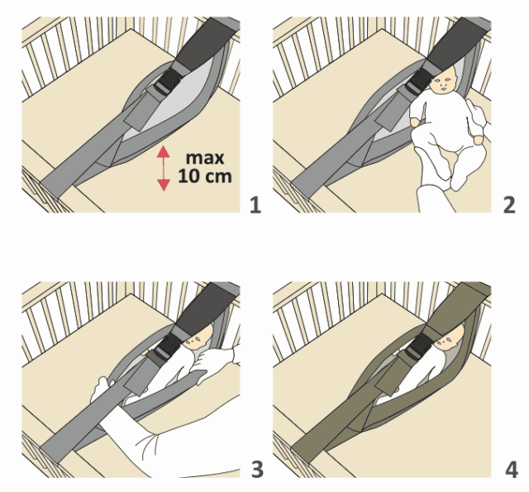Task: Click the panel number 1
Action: (x=255, y=205)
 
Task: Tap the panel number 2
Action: (x=509, y=205)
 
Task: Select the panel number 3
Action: (x=257, y=470)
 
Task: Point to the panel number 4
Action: (x=512, y=470)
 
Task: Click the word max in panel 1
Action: (x=205, y=158)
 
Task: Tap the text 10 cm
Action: (x=205, y=176)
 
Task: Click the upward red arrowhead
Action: (x=164, y=151)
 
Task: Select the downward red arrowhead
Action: (x=164, y=185)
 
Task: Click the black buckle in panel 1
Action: (x=169, y=81)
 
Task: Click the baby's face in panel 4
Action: (x=446, y=341)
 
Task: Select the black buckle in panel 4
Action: (x=418, y=346)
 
